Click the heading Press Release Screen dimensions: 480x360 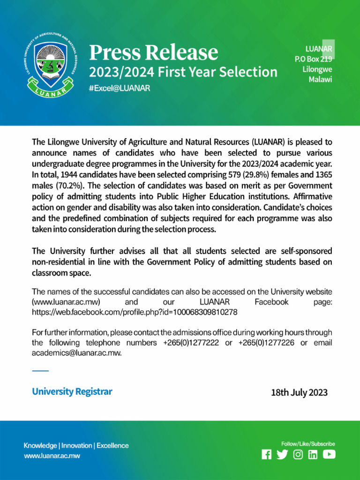click(153, 52)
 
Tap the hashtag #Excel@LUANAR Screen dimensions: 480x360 click(120, 88)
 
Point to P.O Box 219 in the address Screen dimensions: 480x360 click(313, 59)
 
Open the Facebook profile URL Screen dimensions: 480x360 click(135, 312)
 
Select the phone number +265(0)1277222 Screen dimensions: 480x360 click(191, 343)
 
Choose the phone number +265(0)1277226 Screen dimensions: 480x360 click(266, 343)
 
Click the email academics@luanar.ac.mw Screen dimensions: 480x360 click(76, 353)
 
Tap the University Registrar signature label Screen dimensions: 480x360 click(72, 391)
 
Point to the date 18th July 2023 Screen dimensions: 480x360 click(299, 393)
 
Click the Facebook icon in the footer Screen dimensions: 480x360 click(266, 454)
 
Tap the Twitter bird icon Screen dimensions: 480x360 click(282, 454)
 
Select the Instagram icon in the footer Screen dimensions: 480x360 click(298, 454)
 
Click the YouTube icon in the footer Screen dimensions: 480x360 click(329, 454)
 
